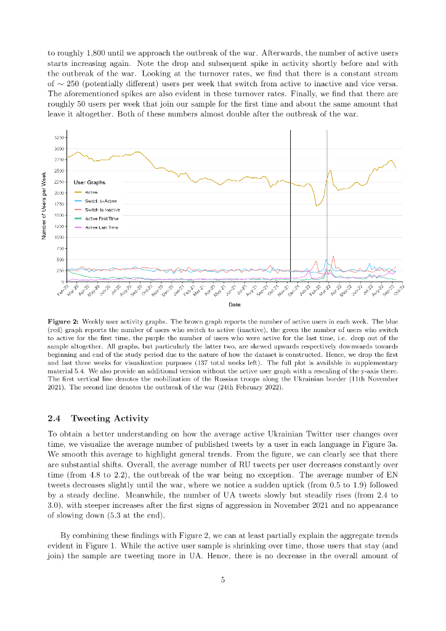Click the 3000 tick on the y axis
click(x=59, y=149)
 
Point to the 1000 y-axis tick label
click(x=59, y=237)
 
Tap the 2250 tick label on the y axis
click(x=59, y=182)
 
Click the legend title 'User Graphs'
click(x=89, y=183)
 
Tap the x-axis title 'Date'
click(x=234, y=304)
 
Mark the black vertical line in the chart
click(x=290, y=203)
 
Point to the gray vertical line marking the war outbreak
click(x=326, y=203)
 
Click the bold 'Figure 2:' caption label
click(x=63, y=322)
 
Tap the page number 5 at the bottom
click(x=223, y=579)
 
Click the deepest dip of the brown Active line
click(x=317, y=206)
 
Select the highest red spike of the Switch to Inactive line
click(x=333, y=256)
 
